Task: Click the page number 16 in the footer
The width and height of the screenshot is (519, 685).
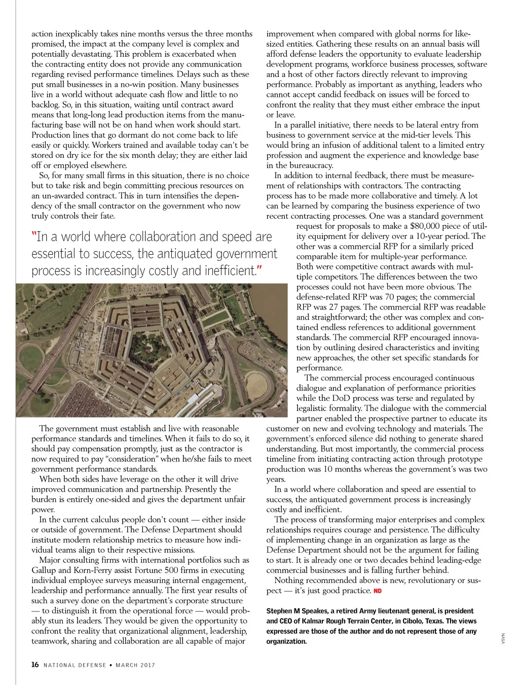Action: coord(35,665)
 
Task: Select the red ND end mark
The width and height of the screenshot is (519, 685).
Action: coord(378,591)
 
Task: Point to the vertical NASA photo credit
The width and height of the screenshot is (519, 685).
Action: coord(503,639)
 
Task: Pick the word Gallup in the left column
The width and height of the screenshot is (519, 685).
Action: coord(44,570)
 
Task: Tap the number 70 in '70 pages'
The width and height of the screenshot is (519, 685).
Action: coord(387,297)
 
